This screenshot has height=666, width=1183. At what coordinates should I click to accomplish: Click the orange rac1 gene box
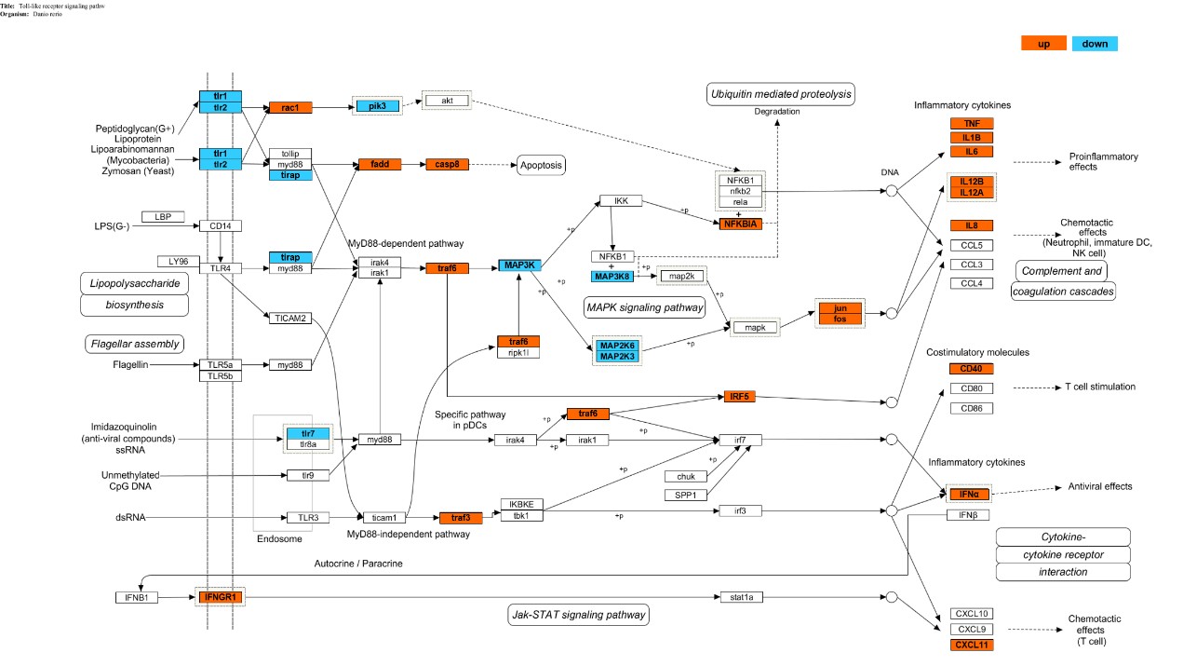pos(289,108)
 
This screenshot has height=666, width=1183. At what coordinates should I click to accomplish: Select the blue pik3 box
pos(377,106)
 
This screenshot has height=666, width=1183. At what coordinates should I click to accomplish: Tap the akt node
pos(447,101)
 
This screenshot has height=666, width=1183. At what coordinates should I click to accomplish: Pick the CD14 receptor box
pos(220,225)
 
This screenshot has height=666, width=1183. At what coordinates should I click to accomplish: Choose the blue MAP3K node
pos(518,265)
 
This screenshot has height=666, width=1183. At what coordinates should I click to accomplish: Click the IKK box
pos(621,200)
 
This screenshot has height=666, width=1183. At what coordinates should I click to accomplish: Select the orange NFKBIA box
pos(740,224)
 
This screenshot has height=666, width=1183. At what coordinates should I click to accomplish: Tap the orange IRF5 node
pos(740,397)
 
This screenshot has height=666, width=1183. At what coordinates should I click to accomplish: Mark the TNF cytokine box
pos(972,124)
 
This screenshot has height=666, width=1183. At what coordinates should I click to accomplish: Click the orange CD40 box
pos(972,369)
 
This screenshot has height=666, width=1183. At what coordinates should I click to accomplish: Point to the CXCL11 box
pos(972,645)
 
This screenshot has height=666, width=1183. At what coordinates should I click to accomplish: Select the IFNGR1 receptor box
pos(220,596)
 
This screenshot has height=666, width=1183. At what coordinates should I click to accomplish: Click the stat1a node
pos(742,596)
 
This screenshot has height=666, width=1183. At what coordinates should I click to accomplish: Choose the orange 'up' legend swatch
pos(1043,44)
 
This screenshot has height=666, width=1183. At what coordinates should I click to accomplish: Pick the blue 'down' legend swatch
pos(1094,44)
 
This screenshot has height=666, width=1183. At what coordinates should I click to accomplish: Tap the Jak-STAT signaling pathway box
pos(579,615)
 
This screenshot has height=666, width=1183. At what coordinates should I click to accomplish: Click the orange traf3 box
pos(461,517)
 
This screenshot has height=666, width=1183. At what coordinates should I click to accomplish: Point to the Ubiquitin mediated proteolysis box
pos(780,94)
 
